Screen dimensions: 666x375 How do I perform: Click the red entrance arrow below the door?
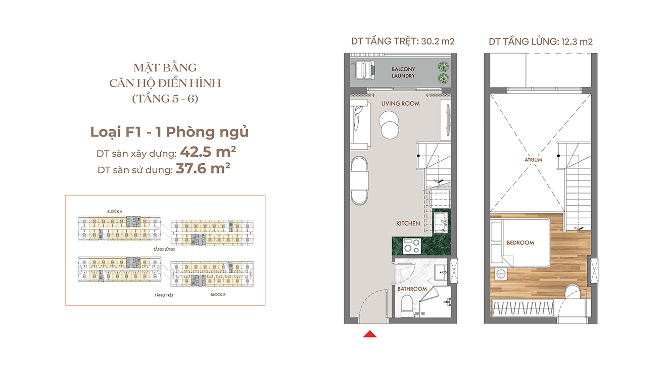pyautogui.click(x=369, y=334)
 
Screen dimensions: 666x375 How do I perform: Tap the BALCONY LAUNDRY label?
pyautogui.click(x=403, y=73)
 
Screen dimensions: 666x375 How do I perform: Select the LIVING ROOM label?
pyautogui.click(x=401, y=104)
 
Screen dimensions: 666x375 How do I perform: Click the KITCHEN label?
pyautogui.click(x=408, y=223)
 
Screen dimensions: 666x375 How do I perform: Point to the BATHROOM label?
pyautogui.click(x=412, y=289)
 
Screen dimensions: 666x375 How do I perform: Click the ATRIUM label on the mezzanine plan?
pyautogui.click(x=533, y=160)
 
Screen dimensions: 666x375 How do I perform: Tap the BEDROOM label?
pyautogui.click(x=520, y=243)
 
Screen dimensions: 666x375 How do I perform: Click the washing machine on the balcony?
pyautogui.click(x=365, y=70)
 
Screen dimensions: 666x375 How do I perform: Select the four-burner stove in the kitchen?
pyautogui.click(x=412, y=246)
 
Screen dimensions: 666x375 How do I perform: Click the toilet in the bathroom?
pyautogui.click(x=406, y=306)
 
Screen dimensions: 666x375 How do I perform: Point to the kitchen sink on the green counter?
pyautogui.click(x=440, y=223)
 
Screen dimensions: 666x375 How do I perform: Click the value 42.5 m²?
pyautogui.click(x=208, y=152)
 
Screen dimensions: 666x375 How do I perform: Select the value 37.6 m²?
pyautogui.click(x=203, y=168)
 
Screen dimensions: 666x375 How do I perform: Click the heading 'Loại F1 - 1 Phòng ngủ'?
pyautogui.click(x=169, y=132)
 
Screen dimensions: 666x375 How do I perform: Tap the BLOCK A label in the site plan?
pyautogui.click(x=115, y=211)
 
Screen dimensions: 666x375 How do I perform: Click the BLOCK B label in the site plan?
pyautogui.click(x=218, y=295)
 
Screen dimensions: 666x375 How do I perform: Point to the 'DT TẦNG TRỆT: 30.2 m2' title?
pyautogui.click(x=403, y=41)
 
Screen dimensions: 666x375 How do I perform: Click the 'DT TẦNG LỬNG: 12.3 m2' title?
pyautogui.click(x=541, y=41)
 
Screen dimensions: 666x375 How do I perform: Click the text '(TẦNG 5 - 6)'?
pyautogui.click(x=165, y=99)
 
